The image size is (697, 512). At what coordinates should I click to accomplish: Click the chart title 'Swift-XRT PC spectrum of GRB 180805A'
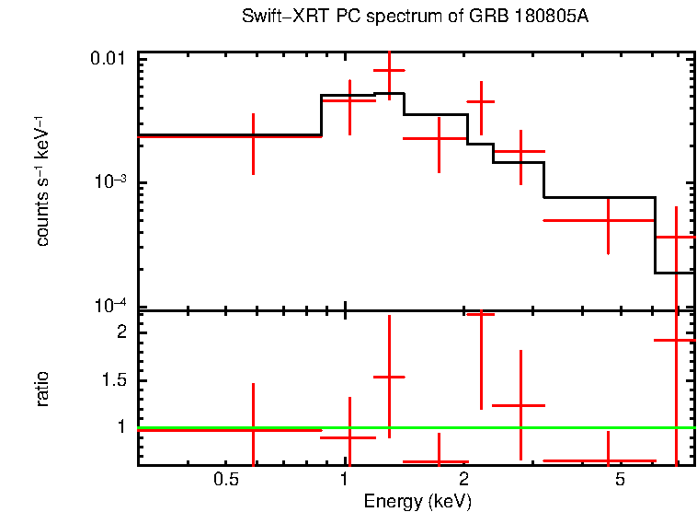tap(415, 17)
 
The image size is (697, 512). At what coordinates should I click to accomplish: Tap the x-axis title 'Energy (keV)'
tap(417, 501)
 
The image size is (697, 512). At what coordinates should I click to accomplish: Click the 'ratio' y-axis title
tap(42, 390)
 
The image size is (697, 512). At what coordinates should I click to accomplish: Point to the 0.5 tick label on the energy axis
tap(226, 479)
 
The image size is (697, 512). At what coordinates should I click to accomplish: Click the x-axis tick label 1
tap(344, 479)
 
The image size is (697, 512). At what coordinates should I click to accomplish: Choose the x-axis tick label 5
tap(621, 479)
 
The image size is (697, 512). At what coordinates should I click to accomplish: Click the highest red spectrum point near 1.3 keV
tap(389, 71)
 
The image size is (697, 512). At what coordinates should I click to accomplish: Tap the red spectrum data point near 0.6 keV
tap(253, 136)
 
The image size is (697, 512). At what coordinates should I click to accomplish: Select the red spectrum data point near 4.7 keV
tap(608, 221)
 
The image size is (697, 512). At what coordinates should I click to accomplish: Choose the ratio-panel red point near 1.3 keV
tap(389, 377)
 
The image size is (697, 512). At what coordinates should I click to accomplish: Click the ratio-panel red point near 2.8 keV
tap(520, 405)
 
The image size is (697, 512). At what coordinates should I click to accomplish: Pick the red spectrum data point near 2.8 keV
tap(520, 151)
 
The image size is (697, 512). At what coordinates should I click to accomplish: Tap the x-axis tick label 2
tap(463, 479)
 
